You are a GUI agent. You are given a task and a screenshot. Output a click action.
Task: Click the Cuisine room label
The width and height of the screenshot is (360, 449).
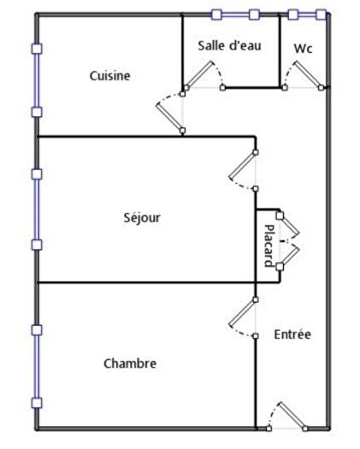pyautogui.click(x=109, y=76)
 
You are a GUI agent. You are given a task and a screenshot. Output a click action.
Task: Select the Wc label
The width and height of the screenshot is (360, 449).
pyautogui.click(x=303, y=49)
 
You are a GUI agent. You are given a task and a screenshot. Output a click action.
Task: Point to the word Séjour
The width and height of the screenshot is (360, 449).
pyautogui.click(x=142, y=217)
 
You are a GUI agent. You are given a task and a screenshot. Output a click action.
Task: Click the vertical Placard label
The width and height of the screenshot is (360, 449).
pyautogui.click(x=268, y=245)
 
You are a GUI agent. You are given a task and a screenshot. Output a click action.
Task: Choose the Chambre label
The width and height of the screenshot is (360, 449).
pyautogui.click(x=130, y=363)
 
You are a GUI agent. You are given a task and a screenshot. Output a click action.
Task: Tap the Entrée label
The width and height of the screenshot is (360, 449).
pyautogui.click(x=292, y=334)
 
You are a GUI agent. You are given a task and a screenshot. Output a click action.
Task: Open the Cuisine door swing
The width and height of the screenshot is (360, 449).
pyautogui.click(x=169, y=114)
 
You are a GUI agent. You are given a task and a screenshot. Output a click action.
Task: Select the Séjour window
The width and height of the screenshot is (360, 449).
pyautogui.click(x=36, y=210)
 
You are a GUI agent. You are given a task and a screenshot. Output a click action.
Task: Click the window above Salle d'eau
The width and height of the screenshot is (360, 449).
pyautogui.click(x=235, y=15)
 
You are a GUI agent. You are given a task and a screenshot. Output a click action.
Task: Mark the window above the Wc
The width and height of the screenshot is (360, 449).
pyautogui.click(x=307, y=15)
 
